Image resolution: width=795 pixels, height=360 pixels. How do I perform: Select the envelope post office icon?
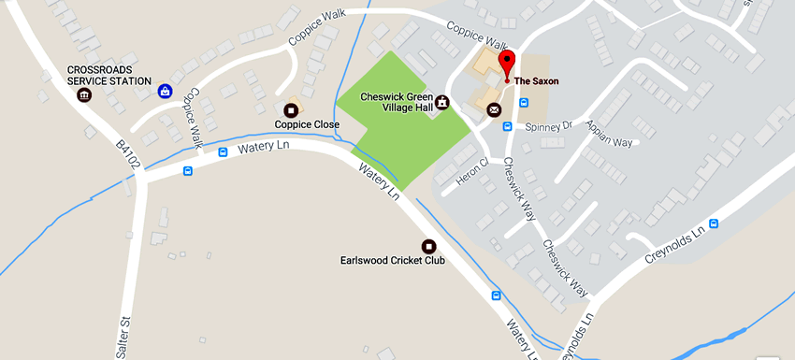tap(494, 110)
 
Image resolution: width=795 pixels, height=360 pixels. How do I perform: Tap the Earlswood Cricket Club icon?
tap(428, 246)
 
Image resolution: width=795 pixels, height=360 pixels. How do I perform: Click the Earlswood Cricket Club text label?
tap(392, 261)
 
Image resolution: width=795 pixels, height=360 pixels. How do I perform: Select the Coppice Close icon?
tap(290, 110)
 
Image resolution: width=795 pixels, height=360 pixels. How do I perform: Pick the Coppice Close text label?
tap(306, 123)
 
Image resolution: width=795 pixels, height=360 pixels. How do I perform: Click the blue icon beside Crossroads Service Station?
tap(165, 91)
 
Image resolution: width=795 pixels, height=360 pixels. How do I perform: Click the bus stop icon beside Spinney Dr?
tap(508, 126)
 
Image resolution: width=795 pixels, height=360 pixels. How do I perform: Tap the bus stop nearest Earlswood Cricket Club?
tap(496, 296)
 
